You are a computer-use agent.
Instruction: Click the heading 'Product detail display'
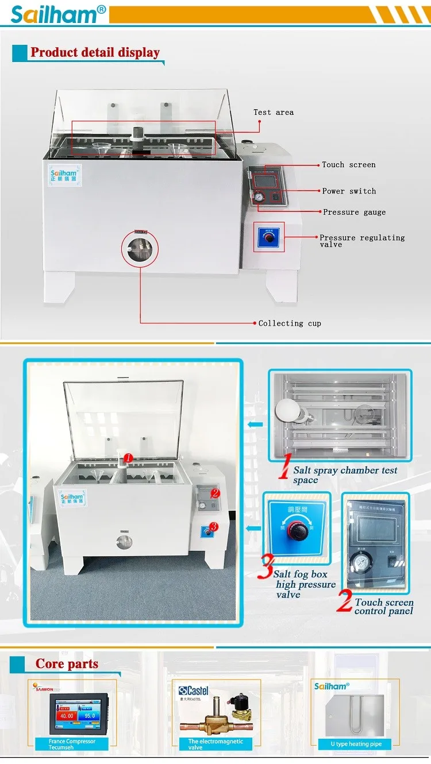pyautogui.click(x=95, y=52)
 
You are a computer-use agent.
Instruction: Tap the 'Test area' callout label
pyautogui.click(x=274, y=112)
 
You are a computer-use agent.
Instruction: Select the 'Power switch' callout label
pyautogui.click(x=349, y=191)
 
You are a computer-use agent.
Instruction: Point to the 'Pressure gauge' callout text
pyautogui.click(x=354, y=212)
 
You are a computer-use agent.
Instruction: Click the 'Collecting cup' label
pyautogui.click(x=290, y=323)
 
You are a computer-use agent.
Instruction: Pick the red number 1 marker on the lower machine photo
pyautogui.click(x=129, y=458)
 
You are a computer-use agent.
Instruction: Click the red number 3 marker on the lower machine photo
pyautogui.click(x=213, y=526)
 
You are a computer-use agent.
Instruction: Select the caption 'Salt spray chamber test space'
pyautogui.click(x=345, y=474)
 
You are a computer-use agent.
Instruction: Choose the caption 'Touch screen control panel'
pyautogui.click(x=383, y=606)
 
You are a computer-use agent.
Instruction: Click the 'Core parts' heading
pyautogui.click(x=67, y=664)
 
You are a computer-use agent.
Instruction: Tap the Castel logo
pyautogui.click(x=194, y=691)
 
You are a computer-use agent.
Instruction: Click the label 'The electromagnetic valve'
pyautogui.click(x=215, y=744)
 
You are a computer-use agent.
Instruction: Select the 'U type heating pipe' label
pyautogui.click(x=356, y=744)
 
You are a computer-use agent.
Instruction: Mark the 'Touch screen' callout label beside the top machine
pyautogui.click(x=348, y=165)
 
